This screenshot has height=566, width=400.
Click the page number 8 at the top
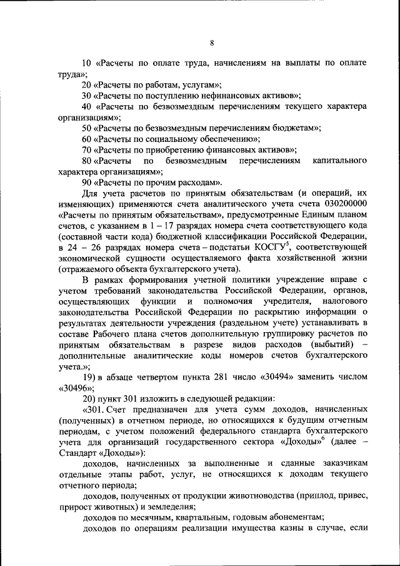[x=212, y=43]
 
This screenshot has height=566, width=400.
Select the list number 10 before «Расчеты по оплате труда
[x=87, y=64]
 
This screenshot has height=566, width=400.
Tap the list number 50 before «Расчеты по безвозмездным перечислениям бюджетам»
[x=87, y=128]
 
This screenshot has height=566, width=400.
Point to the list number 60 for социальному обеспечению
[x=87, y=138]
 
